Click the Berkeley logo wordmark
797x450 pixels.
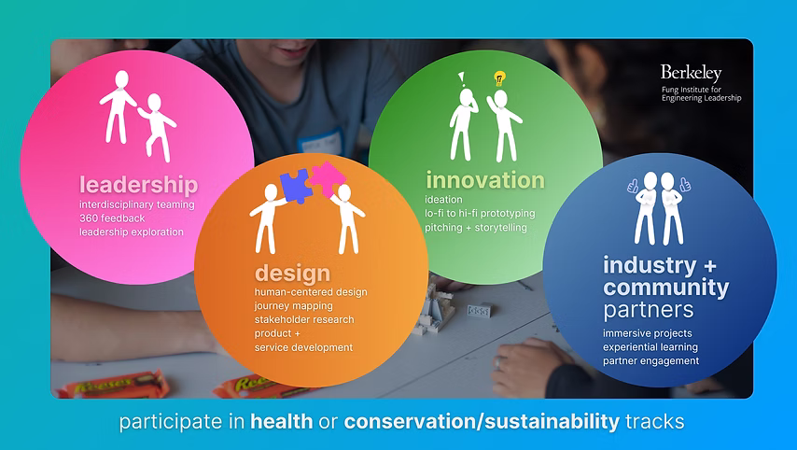coord(691,73)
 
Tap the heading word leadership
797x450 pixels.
coord(139,185)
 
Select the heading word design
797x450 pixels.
coord(292,273)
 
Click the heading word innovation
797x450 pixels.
coord(485,180)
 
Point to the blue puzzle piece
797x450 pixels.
coord(297,186)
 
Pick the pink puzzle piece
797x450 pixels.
coord(328,179)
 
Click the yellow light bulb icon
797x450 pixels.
coord(499,78)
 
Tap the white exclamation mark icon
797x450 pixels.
coord(462,78)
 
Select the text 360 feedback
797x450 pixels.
coord(112,218)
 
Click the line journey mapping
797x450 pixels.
coord(294,306)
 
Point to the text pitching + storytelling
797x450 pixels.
coord(476,227)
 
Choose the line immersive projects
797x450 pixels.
coord(647,333)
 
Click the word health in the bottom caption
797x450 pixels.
coord(282,422)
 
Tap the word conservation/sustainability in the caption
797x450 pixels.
coord(482,422)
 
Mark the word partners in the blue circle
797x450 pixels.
coord(648,310)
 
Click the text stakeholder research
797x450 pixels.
coord(304,320)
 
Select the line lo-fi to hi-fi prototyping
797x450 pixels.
coord(480,214)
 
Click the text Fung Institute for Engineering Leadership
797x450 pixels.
coord(702,94)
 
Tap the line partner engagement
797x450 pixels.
coord(651,361)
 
